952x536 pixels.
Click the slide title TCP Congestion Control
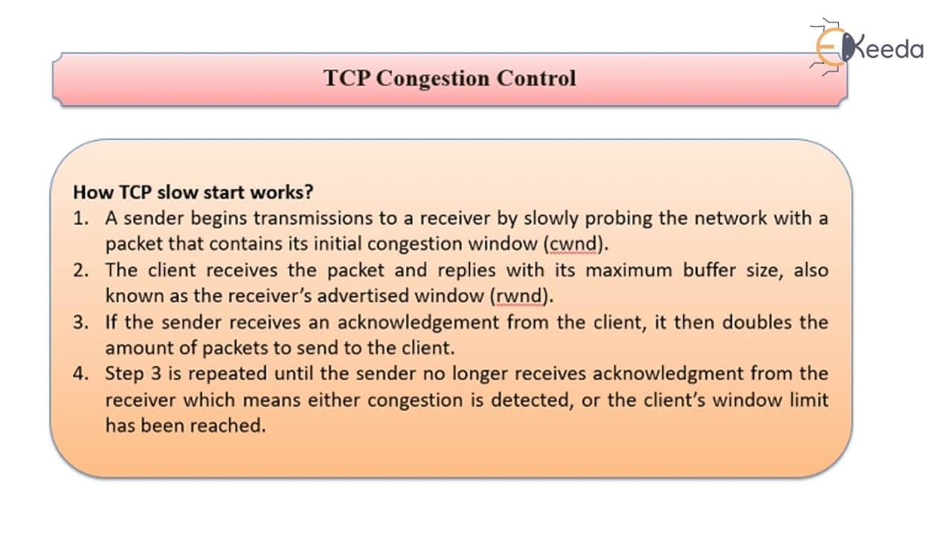coord(450,78)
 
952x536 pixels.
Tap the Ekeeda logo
coord(866,48)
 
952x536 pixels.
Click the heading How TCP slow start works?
coord(193,192)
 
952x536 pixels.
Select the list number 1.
coord(81,219)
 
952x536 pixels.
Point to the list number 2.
coord(81,270)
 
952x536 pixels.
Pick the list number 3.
coord(81,322)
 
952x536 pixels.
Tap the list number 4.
coord(81,374)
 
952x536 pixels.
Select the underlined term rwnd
coord(519,296)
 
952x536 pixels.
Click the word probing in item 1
coord(618,219)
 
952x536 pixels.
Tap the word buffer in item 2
coord(710,270)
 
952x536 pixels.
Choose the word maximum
coord(629,270)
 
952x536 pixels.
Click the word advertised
coord(362,296)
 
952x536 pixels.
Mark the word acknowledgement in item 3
coord(418,322)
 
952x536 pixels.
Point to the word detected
coord(530,401)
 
